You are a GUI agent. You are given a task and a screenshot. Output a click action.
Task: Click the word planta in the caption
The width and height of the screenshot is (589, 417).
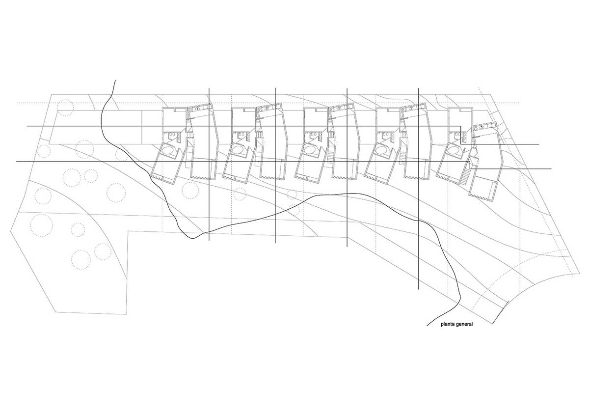click(x=448, y=324)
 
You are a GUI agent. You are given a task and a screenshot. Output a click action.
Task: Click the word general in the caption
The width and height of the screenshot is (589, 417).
click(x=464, y=324)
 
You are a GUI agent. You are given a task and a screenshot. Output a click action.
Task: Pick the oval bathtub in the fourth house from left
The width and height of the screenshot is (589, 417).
click(x=381, y=150)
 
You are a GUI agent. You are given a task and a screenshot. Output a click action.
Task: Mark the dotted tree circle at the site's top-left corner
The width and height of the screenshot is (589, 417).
click(x=65, y=108)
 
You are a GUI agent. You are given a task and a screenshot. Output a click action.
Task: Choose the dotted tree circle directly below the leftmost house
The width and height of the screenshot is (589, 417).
click(x=190, y=191)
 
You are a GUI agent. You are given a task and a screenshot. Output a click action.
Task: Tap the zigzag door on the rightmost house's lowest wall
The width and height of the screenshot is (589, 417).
click(x=477, y=196)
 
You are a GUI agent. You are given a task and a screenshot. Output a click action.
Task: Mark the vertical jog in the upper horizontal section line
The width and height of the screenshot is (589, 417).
click(x=460, y=135)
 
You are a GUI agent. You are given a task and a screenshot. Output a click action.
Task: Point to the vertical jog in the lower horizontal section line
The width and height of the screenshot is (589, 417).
click(x=470, y=165)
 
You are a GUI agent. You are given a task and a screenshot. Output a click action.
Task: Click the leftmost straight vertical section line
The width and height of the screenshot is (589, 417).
click(x=209, y=164)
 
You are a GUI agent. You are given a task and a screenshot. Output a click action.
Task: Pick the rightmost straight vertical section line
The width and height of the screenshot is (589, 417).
click(x=418, y=189)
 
